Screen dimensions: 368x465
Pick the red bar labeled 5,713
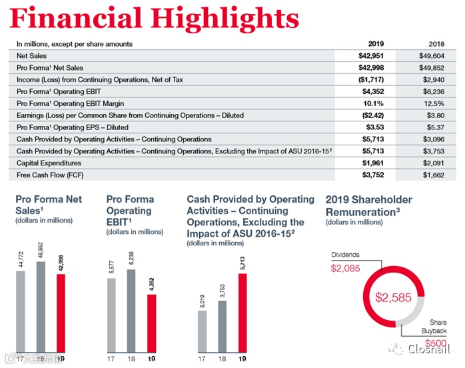(242, 310)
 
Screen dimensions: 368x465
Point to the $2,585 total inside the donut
(393, 298)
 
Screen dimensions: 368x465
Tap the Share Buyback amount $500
(436, 343)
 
